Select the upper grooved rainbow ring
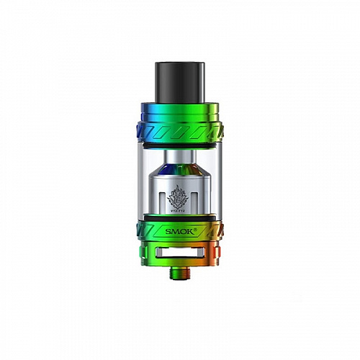click(x=179, y=130)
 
